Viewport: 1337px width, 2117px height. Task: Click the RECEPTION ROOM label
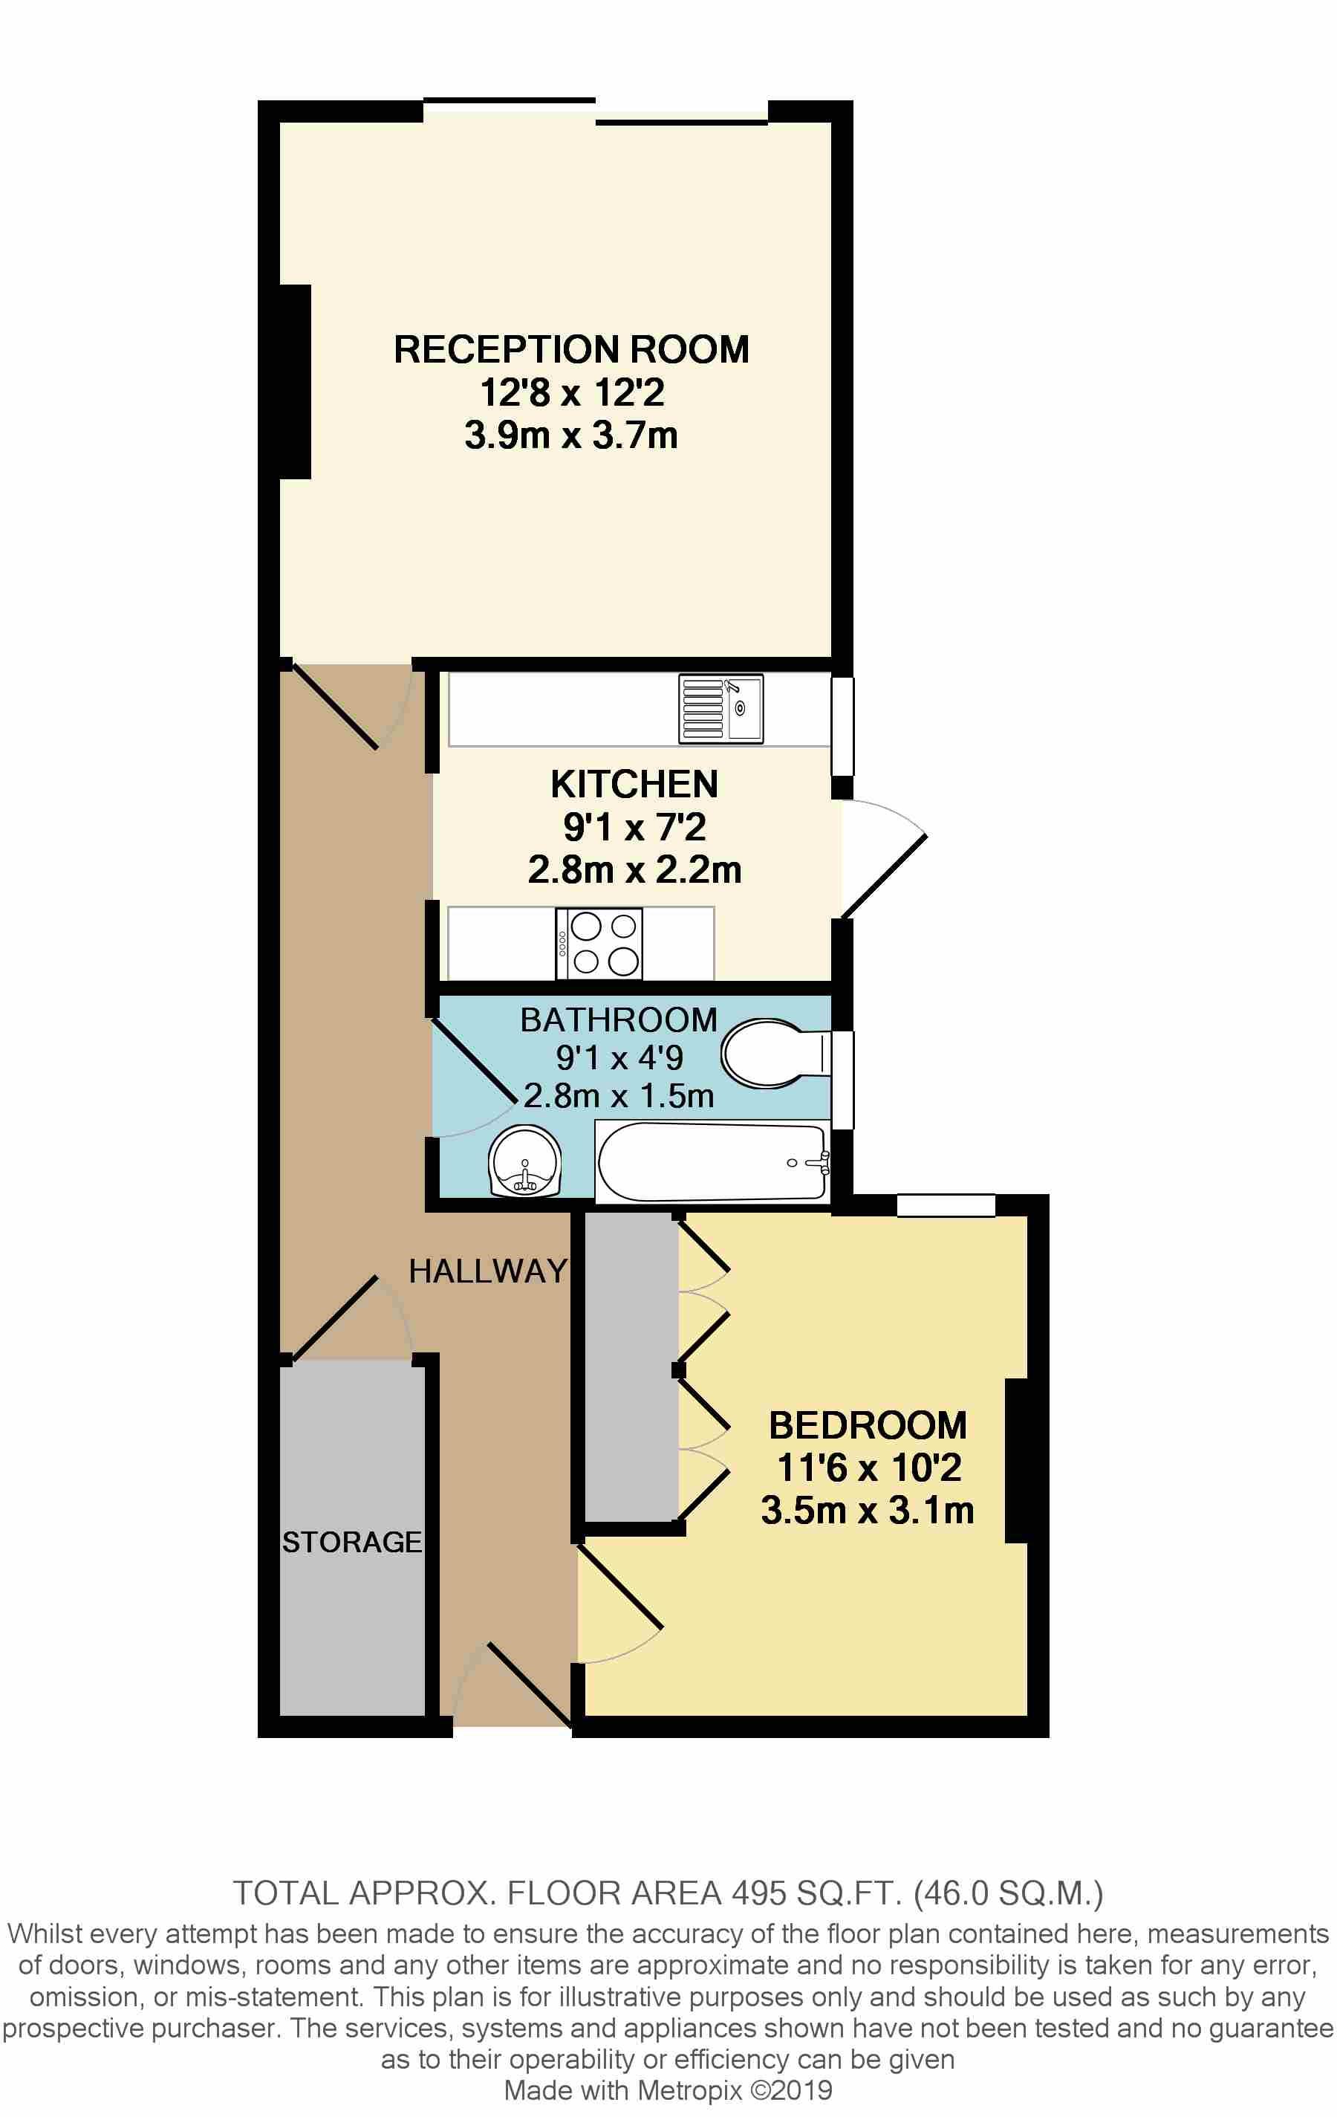point(570,350)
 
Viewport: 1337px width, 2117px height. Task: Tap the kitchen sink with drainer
point(720,709)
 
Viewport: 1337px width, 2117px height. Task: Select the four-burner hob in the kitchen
point(599,944)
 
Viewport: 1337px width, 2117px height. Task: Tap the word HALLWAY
point(488,1271)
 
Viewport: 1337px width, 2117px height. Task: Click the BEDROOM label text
point(868,1425)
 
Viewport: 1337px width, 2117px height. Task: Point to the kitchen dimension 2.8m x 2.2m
point(634,869)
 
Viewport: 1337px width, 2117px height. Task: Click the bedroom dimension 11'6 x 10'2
point(868,1468)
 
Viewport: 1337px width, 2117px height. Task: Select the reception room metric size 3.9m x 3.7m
point(570,435)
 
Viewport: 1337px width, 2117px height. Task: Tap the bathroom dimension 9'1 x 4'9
point(619,1057)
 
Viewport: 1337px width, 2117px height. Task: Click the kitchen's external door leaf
point(885,875)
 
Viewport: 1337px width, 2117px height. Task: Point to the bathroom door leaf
point(473,1060)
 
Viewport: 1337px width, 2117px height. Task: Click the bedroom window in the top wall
point(946,1205)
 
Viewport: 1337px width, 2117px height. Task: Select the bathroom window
point(842,1080)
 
